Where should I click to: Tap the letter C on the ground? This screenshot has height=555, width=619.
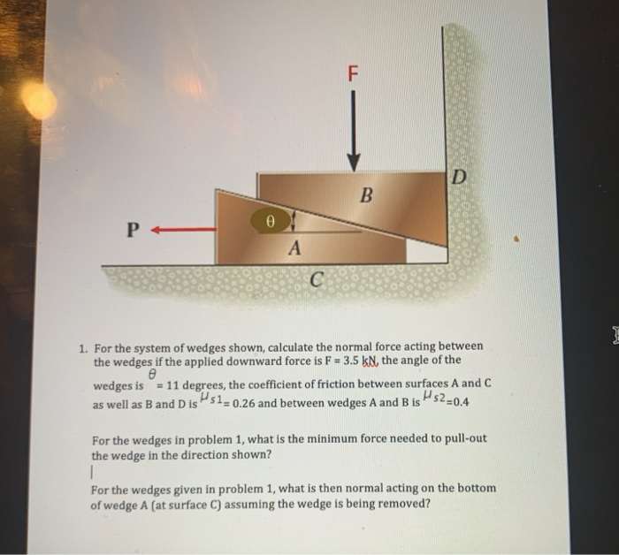coord(316,282)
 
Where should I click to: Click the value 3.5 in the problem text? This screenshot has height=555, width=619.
coord(347,361)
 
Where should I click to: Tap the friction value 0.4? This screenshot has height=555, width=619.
coord(460,404)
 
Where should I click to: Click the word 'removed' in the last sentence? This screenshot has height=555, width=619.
coord(406,505)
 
